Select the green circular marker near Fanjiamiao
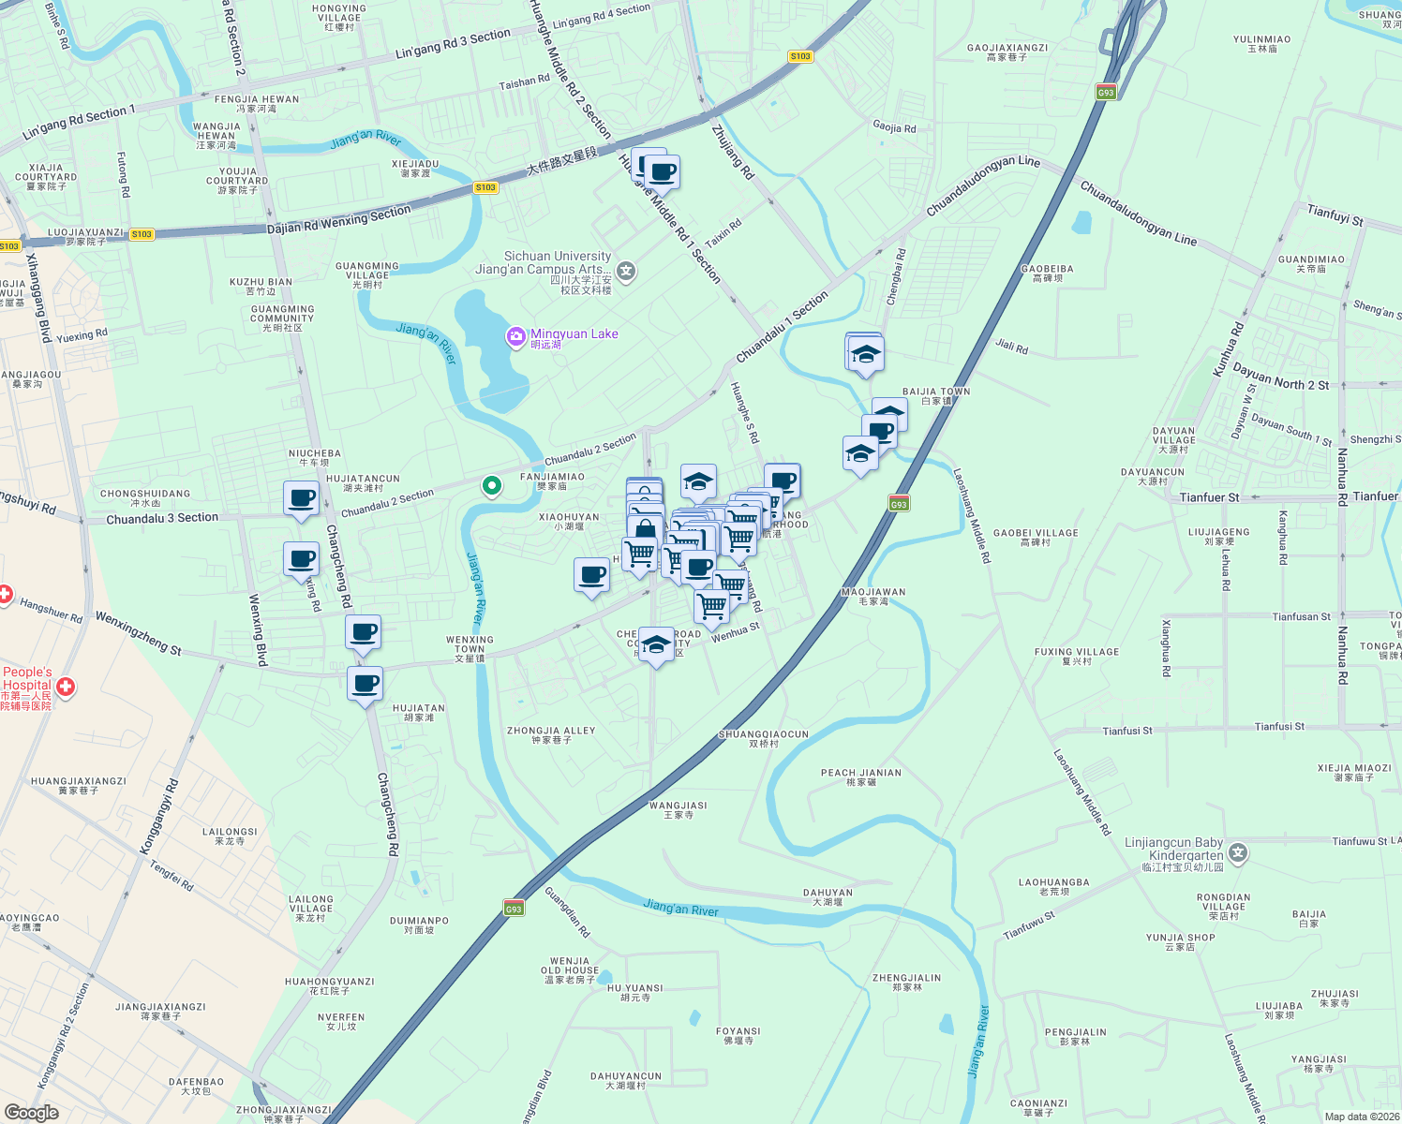coord(491,486)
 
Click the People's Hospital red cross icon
coord(66,688)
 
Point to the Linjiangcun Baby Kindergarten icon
coord(1239,852)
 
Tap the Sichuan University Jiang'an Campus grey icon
coord(626,272)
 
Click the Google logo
coord(31,1113)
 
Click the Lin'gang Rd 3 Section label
coord(453,43)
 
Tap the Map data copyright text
coord(1362,1117)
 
